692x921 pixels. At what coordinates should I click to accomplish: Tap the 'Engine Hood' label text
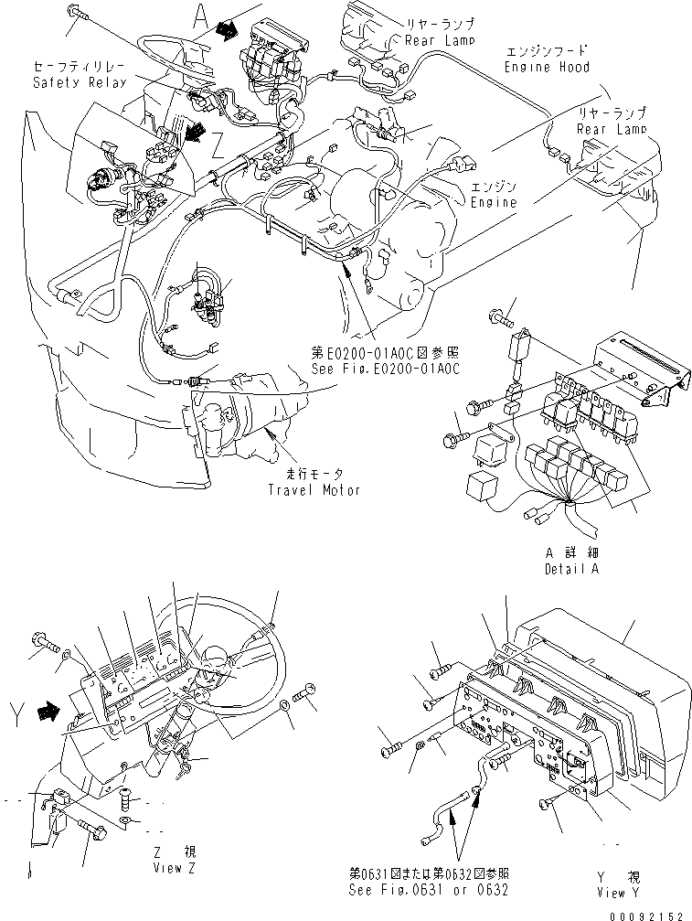pos(547,68)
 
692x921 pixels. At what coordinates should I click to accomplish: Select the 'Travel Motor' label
pos(314,489)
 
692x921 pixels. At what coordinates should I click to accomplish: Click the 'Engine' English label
pos(493,201)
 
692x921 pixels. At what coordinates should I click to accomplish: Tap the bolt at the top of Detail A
pos(501,318)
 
